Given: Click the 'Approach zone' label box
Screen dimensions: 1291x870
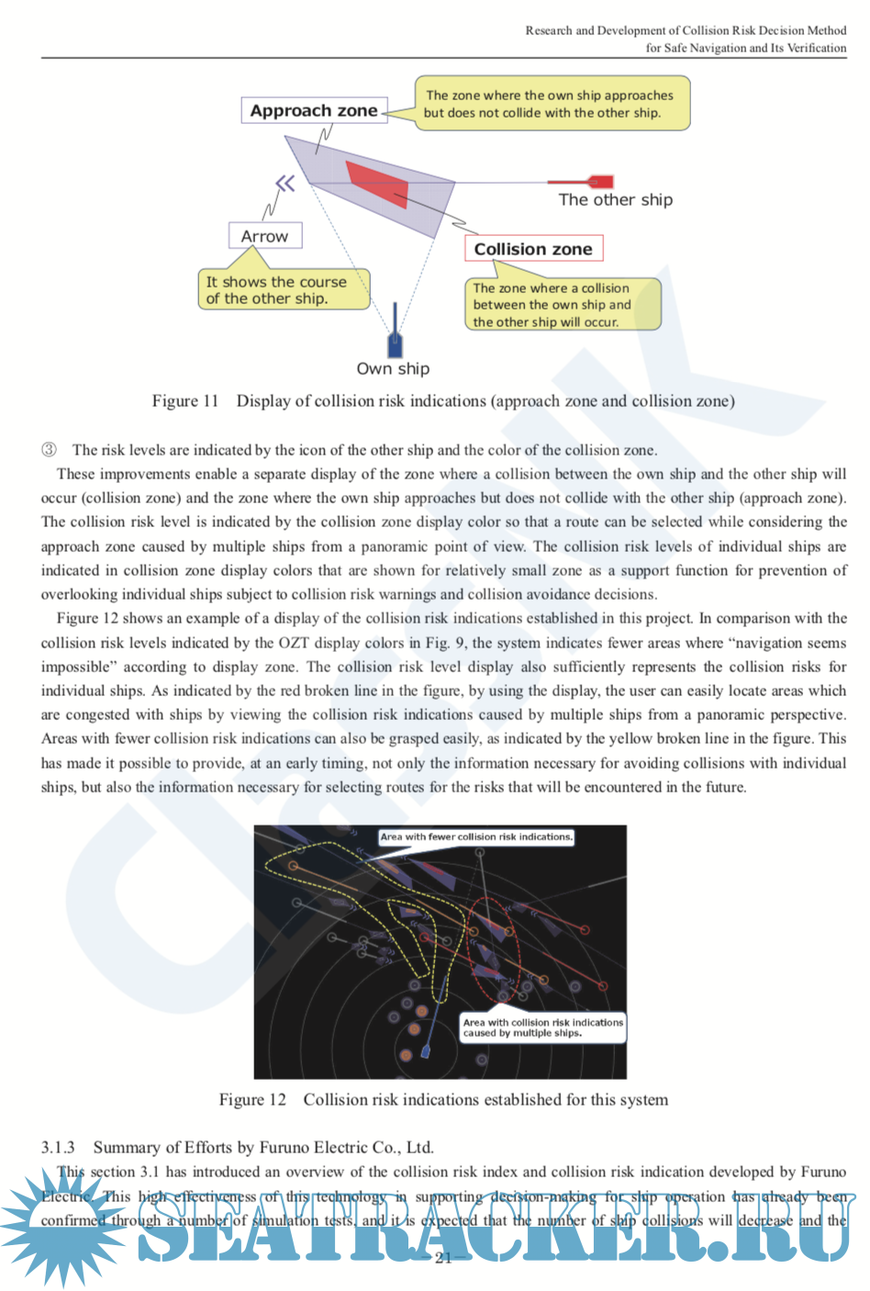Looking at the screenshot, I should coord(314,111).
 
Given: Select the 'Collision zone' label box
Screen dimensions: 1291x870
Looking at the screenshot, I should coord(533,249).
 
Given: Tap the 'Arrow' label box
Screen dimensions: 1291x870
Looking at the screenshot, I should coord(264,236).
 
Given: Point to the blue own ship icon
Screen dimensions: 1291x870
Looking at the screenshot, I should coord(395,338).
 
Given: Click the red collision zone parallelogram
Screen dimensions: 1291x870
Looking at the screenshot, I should coord(376,184).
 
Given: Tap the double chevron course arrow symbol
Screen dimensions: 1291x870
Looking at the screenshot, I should coord(285,184).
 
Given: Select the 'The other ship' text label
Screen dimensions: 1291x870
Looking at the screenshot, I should coord(615,200).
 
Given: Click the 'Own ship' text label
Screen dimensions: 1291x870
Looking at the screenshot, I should coord(393,369).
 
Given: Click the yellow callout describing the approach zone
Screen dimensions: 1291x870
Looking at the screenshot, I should coord(551,104).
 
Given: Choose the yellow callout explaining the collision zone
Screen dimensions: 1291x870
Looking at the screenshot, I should coord(562,305).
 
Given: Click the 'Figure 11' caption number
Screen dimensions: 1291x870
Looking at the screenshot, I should coord(185,401).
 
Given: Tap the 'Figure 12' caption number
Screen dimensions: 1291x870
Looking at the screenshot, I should coord(252,1100).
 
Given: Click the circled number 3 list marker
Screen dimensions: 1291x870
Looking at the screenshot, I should coord(49,450).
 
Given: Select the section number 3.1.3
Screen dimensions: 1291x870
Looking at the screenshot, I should coord(58,1148).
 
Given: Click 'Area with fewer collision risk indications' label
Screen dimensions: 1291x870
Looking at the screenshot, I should coord(476,837).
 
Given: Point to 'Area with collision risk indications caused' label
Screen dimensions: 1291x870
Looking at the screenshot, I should coord(542,1027).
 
